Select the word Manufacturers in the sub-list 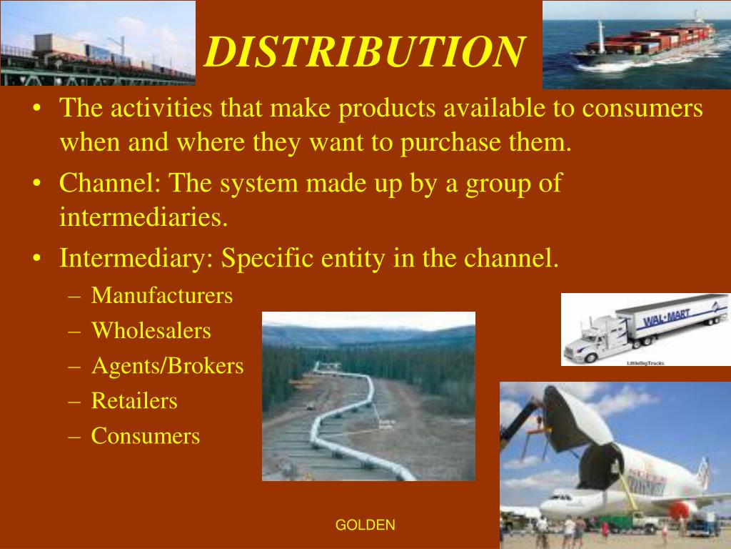[162, 295]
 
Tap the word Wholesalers [151, 330]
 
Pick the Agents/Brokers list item [167, 366]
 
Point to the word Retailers [134, 400]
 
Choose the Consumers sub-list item [146, 435]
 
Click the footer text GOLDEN [365, 525]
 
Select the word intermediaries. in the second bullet [143, 217]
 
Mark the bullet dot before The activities [37, 109]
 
